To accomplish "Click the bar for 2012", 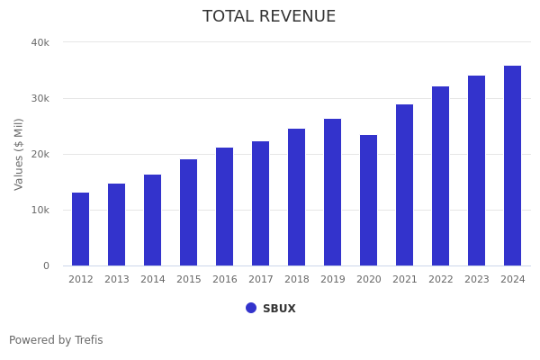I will pos(81,229).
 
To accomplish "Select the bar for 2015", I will pos(189,212).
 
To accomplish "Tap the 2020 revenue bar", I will pos(369,201).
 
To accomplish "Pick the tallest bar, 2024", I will pos(513,166).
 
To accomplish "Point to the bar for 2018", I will pos(297,197).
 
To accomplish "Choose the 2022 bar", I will pos(441,176).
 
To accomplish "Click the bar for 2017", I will pos(261,203).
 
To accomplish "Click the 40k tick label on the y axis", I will pos(40,42).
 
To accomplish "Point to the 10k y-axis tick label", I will pos(40,210).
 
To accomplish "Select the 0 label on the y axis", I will pos(46,265).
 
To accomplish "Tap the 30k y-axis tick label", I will pos(40,98).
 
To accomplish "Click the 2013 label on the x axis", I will pos(117,280).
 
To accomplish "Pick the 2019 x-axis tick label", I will pos(333,280).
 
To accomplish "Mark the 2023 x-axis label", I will pos(477,280).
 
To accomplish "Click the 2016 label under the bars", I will pos(225,280).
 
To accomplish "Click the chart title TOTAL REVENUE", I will pos(269,17).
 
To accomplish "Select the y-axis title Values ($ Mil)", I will pos(19,154).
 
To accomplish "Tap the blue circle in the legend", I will pos(251,308).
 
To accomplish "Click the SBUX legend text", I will pos(279,309).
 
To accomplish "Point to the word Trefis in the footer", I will pos(88,340).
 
